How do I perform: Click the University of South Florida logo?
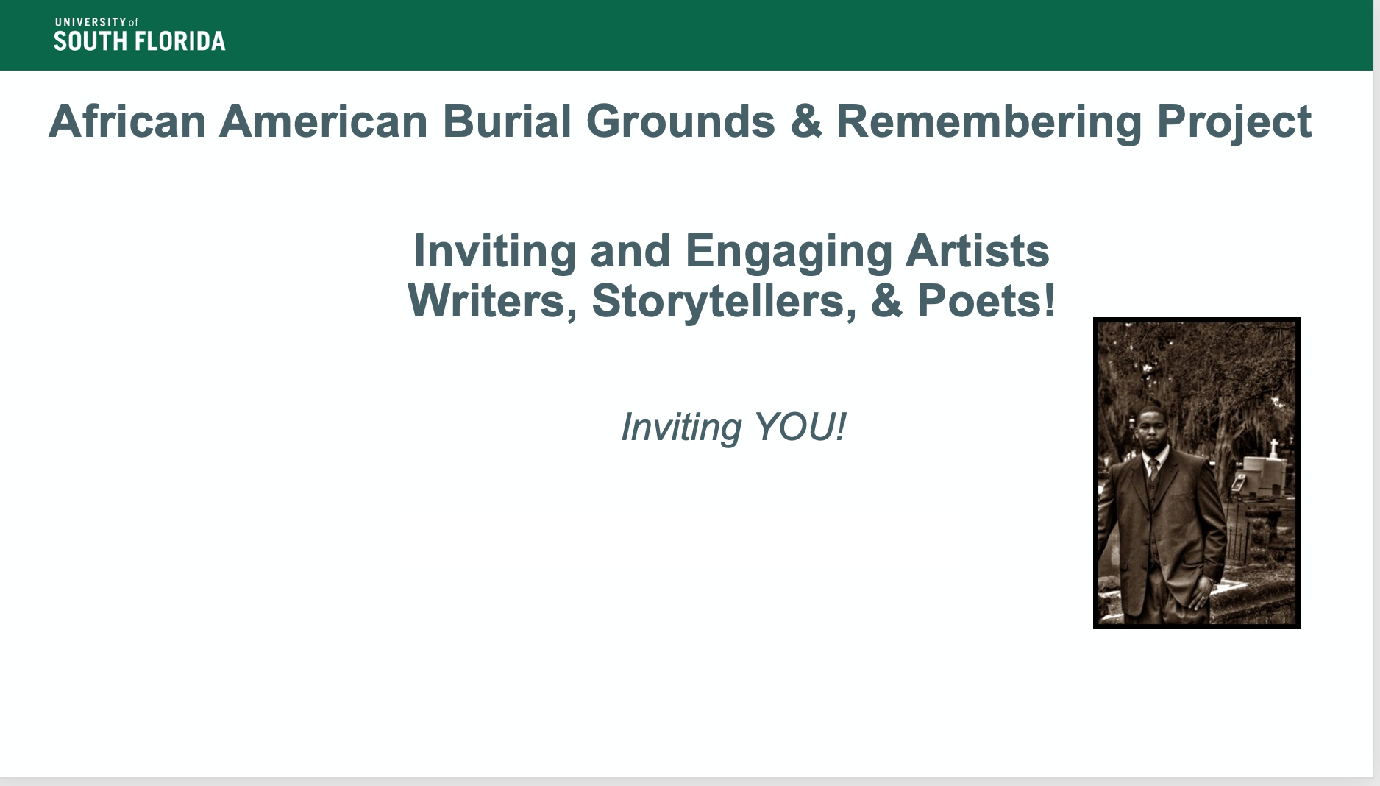point(140,35)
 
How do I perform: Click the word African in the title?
point(127,121)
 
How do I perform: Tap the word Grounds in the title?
point(680,121)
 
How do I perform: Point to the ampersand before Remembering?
point(806,121)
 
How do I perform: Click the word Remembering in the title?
point(989,122)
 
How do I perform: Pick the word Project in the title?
point(1234,122)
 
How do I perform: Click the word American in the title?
point(324,121)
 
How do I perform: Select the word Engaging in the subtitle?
point(789,252)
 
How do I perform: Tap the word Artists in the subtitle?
point(978,251)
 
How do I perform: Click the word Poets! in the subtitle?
point(986,301)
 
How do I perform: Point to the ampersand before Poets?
point(887,301)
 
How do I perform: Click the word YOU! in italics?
point(800,427)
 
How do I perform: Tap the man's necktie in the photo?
point(1153,469)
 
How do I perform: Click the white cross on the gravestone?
point(1273,447)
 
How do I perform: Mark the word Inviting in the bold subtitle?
point(495,252)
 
